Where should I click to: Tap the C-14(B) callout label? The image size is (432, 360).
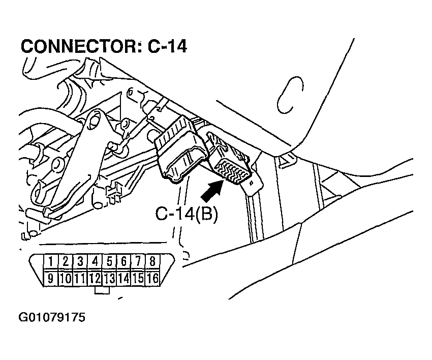click(x=187, y=215)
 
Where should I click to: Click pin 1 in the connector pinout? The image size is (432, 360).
click(x=51, y=262)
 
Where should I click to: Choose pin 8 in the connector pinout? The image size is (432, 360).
click(x=152, y=262)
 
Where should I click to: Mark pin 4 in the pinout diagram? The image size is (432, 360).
click(x=95, y=262)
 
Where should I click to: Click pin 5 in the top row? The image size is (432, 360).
click(x=109, y=262)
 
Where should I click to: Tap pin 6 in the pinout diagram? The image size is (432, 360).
click(x=124, y=262)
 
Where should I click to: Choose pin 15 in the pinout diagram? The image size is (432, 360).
click(x=138, y=278)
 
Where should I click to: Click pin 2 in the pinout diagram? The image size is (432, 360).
click(x=66, y=262)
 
